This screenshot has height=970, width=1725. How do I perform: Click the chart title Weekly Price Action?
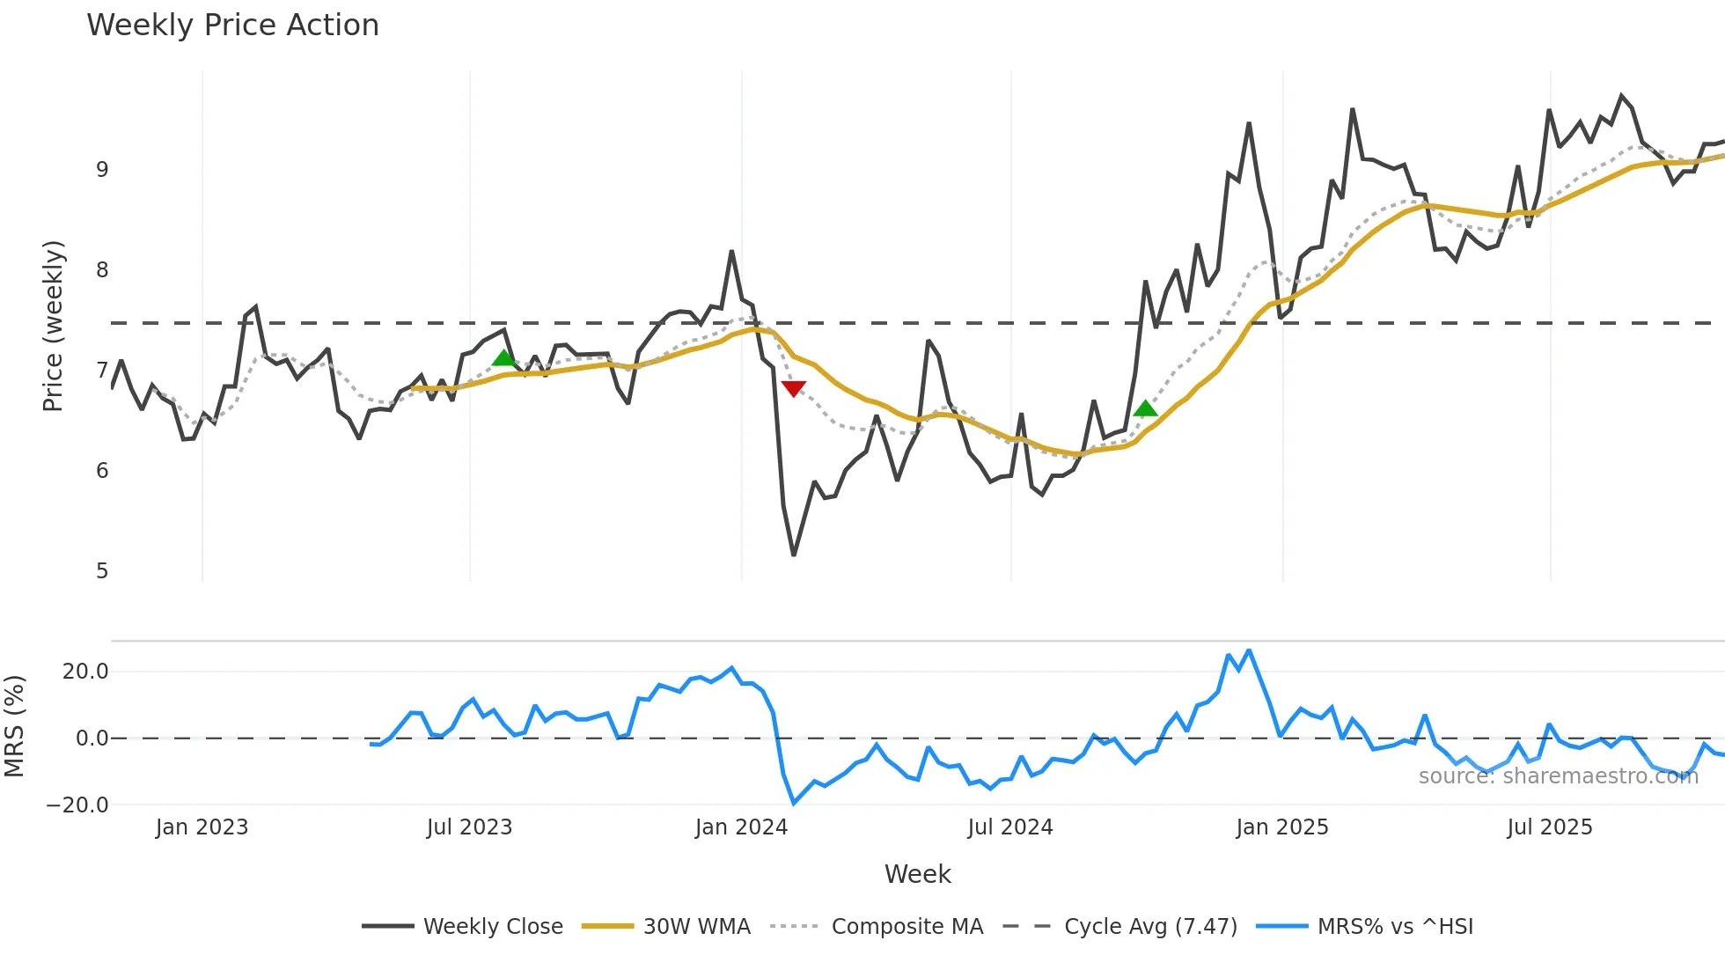click(232, 26)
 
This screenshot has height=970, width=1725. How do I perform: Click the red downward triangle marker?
click(793, 388)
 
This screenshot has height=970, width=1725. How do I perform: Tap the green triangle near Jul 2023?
click(503, 357)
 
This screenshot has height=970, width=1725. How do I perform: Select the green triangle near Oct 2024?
click(1145, 408)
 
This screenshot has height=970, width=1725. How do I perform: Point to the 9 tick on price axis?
click(102, 170)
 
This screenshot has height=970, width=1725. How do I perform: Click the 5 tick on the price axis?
click(102, 571)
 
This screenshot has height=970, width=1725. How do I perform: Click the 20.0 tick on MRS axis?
click(85, 672)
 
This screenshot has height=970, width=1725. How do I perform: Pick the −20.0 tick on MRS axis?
click(77, 805)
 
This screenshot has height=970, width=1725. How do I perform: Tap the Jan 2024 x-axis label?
click(741, 827)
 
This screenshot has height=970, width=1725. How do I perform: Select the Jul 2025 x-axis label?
click(1549, 827)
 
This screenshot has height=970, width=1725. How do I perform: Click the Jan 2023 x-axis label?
click(202, 827)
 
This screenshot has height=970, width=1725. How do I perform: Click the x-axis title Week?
click(917, 874)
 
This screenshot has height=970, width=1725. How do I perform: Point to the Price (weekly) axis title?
click(53, 326)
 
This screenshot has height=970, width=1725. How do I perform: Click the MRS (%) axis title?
click(14, 726)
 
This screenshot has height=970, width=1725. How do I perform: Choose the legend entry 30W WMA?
click(696, 927)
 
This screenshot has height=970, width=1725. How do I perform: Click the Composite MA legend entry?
click(907, 927)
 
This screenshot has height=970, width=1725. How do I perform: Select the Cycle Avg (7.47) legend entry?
click(1149, 927)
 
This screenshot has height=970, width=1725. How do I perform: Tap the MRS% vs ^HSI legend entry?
click(1395, 927)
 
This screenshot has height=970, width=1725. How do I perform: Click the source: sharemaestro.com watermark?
click(1558, 776)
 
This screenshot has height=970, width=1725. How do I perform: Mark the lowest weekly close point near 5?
click(793, 555)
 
